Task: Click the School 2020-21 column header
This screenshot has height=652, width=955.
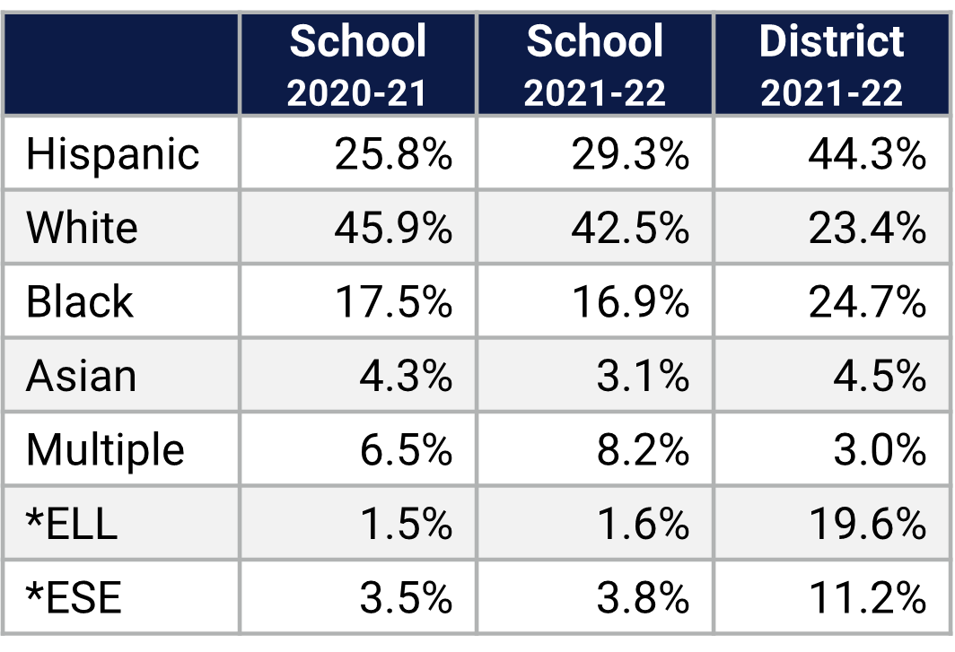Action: tap(357, 65)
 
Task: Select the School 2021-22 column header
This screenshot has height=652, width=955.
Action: tap(594, 65)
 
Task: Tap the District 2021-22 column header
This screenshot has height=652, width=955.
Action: tap(832, 65)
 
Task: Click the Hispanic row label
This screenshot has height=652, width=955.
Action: tap(112, 154)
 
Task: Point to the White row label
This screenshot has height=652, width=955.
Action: tap(82, 228)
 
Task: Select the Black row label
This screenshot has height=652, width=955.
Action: tap(79, 302)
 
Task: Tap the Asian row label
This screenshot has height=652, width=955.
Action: tap(81, 376)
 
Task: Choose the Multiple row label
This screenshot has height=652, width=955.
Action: tap(105, 449)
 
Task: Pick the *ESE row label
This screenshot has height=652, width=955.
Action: tap(74, 597)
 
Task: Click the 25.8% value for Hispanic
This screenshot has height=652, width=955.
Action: tap(393, 154)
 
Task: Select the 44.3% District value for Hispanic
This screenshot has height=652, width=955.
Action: tap(866, 154)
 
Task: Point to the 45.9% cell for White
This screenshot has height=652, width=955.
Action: tap(393, 228)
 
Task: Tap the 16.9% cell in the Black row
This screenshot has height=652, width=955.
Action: tap(630, 302)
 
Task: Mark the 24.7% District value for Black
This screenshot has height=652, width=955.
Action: tap(866, 302)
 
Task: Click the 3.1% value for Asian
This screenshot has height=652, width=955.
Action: tap(643, 376)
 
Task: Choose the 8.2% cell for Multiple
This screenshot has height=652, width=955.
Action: tap(643, 449)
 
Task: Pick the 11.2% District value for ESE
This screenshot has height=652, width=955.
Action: tap(866, 597)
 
